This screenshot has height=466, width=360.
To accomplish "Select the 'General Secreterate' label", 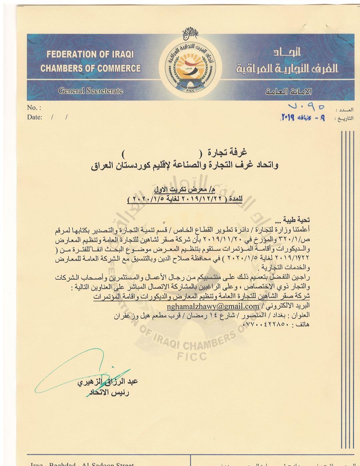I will (x=91, y=91).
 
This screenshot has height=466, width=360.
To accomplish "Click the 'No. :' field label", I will (x=34, y=108).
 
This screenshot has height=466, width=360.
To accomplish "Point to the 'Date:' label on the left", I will (x=35, y=117).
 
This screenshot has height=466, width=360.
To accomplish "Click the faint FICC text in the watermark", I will (x=192, y=356).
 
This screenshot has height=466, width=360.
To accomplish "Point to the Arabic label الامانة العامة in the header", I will (x=289, y=91).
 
